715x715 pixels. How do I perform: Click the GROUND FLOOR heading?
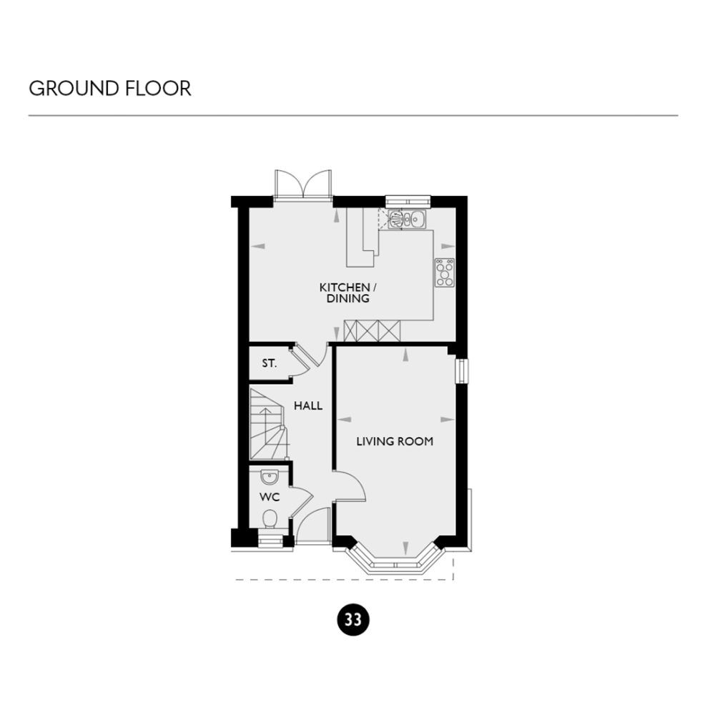pyautogui.click(x=109, y=89)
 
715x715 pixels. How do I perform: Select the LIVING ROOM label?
pyautogui.click(x=395, y=441)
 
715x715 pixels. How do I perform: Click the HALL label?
pyautogui.click(x=308, y=405)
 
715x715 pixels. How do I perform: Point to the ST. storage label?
pyautogui.click(x=269, y=363)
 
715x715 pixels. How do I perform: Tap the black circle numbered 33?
pyautogui.click(x=352, y=619)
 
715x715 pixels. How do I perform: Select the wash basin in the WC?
pyautogui.click(x=270, y=477)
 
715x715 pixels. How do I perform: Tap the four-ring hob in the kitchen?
pyautogui.click(x=444, y=272)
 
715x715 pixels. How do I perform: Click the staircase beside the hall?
pyautogui.click(x=268, y=423)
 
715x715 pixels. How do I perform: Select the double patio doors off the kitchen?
pyautogui.click(x=304, y=184)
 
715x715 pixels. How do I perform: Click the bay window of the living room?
pyautogui.click(x=395, y=563)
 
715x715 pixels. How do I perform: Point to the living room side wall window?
pyautogui.click(x=462, y=372)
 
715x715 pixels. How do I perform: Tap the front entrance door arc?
pyautogui.click(x=312, y=526)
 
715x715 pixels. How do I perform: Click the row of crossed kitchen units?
pyautogui.click(x=372, y=331)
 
